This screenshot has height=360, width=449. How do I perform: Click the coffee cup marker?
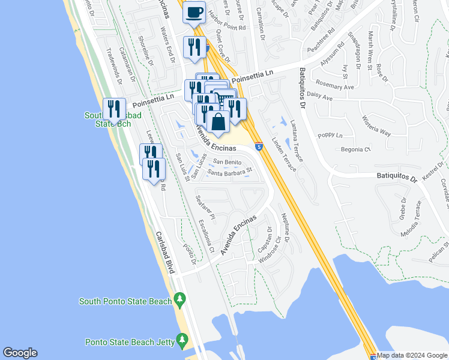[194, 13]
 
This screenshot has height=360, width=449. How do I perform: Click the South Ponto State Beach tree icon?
[179, 299]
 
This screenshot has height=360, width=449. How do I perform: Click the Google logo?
[20, 353]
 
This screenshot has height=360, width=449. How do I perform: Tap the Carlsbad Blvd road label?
[165, 253]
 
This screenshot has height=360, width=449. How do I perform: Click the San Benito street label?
[228, 163]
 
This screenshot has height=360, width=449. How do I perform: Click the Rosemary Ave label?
[336, 87]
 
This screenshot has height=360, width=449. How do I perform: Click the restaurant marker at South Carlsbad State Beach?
[114, 109]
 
